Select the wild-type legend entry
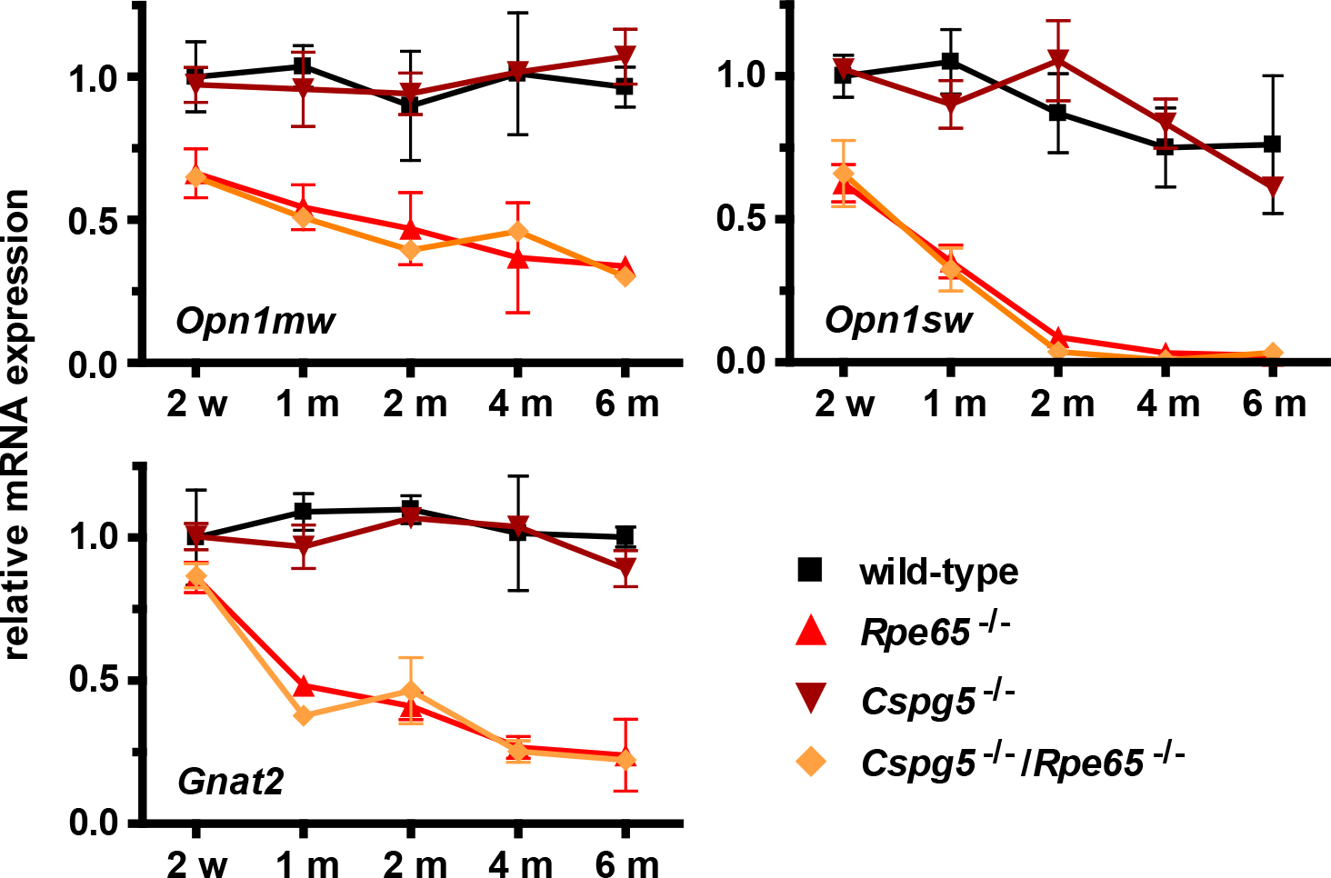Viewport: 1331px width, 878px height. (938, 572)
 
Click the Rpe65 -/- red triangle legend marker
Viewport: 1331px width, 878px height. (810, 632)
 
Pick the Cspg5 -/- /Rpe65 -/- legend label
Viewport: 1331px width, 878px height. (1023, 762)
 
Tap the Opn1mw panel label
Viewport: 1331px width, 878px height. (255, 320)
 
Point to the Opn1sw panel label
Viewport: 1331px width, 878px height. (898, 319)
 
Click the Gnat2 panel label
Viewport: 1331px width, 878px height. (231, 781)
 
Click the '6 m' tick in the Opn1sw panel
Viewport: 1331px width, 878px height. (1274, 404)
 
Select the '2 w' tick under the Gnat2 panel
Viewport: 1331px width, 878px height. (196, 863)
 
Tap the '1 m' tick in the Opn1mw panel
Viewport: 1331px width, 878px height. (307, 404)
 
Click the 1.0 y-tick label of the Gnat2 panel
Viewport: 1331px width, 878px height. (95, 536)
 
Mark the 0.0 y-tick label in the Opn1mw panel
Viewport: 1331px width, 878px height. (95, 364)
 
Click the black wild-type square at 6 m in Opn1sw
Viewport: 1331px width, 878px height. (1273, 144)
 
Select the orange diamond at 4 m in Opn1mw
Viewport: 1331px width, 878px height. (518, 232)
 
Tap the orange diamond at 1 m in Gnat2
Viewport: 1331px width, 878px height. (304, 715)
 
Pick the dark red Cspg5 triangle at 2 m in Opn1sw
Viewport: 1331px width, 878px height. (1057, 60)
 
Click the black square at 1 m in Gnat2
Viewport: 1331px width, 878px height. (304, 512)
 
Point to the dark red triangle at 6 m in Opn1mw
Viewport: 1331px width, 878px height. (625, 55)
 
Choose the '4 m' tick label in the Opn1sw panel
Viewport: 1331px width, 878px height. (1167, 404)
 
